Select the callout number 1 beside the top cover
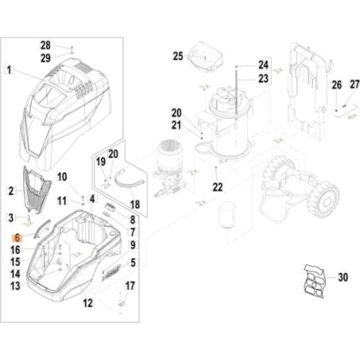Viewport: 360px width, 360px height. [10, 70]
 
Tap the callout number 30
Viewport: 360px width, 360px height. [343, 277]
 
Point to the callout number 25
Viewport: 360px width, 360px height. [178, 55]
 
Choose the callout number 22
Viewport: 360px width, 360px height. [217, 187]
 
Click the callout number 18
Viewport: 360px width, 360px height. [135, 204]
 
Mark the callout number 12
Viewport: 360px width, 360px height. [88, 303]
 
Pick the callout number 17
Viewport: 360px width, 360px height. [131, 285]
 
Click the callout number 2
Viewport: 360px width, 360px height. [10, 190]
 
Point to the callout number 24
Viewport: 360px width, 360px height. [264, 65]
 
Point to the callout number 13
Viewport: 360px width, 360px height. [14, 284]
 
